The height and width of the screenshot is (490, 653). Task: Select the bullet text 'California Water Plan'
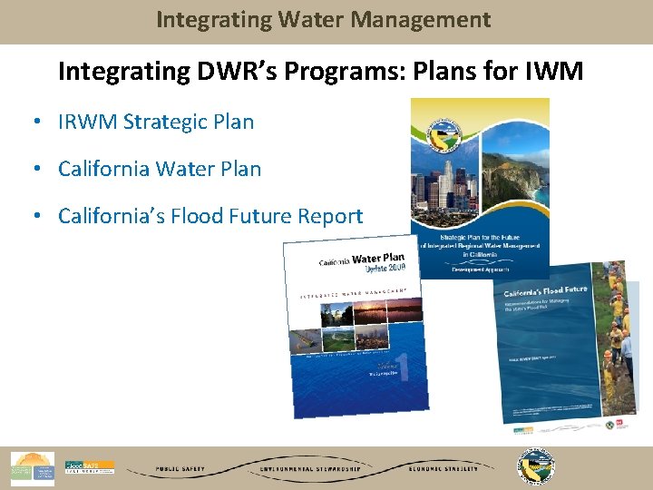pyautogui.click(x=159, y=169)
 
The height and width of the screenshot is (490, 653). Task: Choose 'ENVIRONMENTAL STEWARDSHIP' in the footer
pyautogui.click(x=311, y=469)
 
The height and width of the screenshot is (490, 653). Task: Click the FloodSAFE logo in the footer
pyautogui.click(x=89, y=468)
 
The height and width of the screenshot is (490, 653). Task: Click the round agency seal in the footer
pyautogui.click(x=535, y=467)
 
